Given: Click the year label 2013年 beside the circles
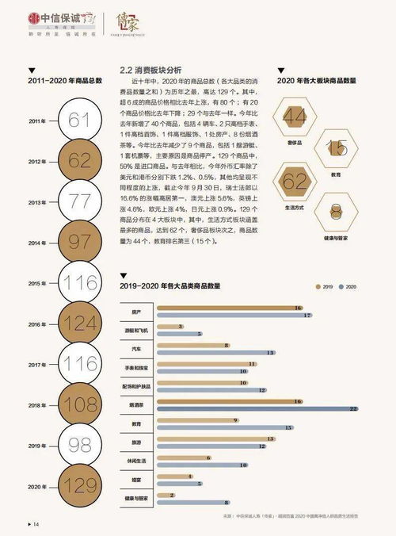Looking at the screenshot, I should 37,201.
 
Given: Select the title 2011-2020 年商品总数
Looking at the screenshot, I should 66,81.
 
